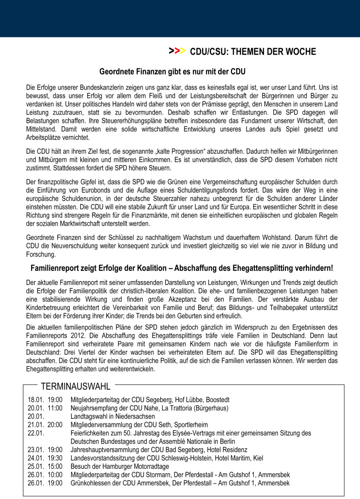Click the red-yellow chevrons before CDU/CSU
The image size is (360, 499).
point(177,51)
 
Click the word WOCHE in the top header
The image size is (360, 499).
point(299,51)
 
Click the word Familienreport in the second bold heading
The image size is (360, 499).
point(57,268)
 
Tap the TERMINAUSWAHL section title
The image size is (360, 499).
point(76,387)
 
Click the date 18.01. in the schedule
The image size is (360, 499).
point(36,400)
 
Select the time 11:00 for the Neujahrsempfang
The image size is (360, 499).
point(55,408)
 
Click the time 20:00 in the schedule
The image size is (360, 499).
point(55,424)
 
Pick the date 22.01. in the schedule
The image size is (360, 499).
point(36,433)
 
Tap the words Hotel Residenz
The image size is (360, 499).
point(227,449)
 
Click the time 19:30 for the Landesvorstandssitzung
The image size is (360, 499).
point(55,458)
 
